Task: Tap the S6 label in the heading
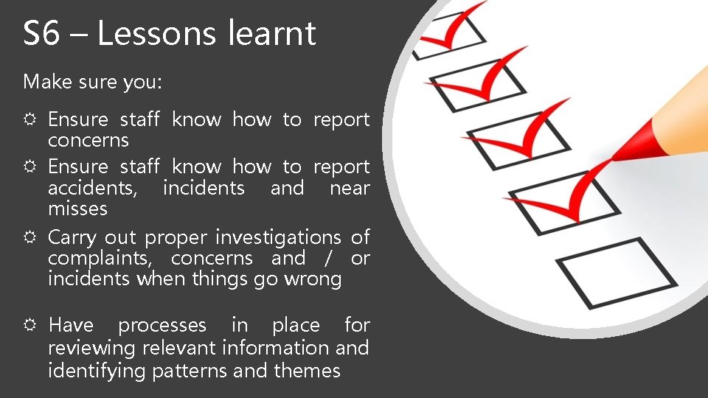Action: tap(41, 34)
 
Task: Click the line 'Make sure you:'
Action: tap(92, 82)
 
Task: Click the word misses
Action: tap(77, 209)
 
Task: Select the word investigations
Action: tap(278, 238)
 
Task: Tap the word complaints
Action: tap(102, 259)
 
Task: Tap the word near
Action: tap(349, 188)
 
